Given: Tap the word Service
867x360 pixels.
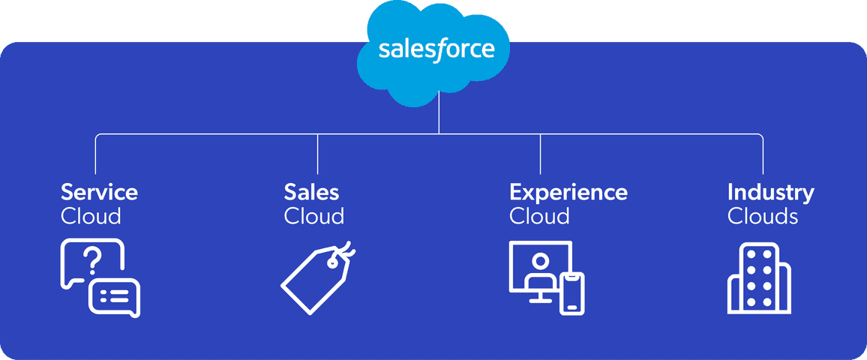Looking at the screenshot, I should [x=99, y=192].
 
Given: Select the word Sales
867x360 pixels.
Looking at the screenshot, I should [x=311, y=192].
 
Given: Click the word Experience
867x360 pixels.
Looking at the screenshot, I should [x=568, y=192].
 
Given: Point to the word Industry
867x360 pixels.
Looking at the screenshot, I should [x=770, y=192].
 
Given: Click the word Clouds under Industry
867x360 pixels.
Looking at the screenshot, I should [x=763, y=217].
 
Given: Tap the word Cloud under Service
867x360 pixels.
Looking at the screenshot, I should [x=91, y=217].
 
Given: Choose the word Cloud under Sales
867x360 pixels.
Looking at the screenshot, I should [x=313, y=217].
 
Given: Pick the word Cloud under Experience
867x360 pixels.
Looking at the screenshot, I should [x=539, y=217].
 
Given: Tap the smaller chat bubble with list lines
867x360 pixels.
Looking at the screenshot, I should [x=115, y=297].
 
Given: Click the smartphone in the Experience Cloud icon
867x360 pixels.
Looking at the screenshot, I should [x=572, y=292].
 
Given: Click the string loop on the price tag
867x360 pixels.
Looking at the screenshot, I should [x=346, y=249].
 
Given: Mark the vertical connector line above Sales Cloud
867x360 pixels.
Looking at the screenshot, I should [x=318, y=154].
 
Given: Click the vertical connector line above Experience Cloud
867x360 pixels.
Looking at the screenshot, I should [x=541, y=154].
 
